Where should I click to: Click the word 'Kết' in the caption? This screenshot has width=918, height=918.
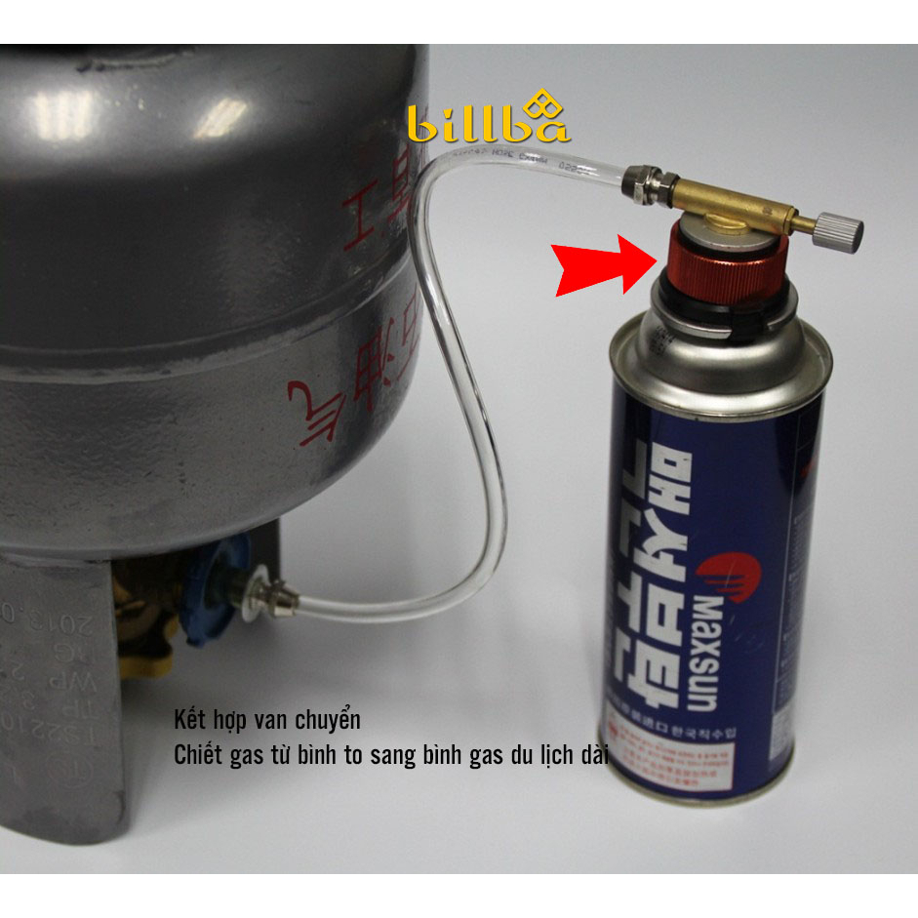(x=189, y=722)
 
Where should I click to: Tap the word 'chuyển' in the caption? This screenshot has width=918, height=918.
(x=330, y=722)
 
